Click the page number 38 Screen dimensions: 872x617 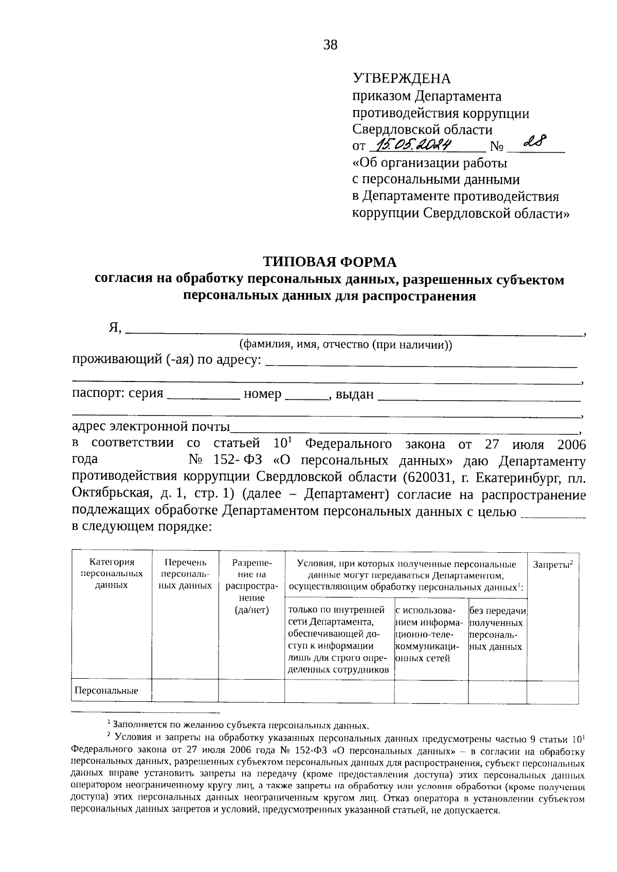click(330, 45)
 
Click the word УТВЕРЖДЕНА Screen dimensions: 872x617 click(401, 79)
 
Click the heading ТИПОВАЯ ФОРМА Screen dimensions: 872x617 click(330, 262)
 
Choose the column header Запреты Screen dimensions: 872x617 click(553, 564)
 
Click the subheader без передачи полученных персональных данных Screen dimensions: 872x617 click(497, 628)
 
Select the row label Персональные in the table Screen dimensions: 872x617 click(106, 691)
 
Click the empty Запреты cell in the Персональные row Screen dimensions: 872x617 click(553, 691)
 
